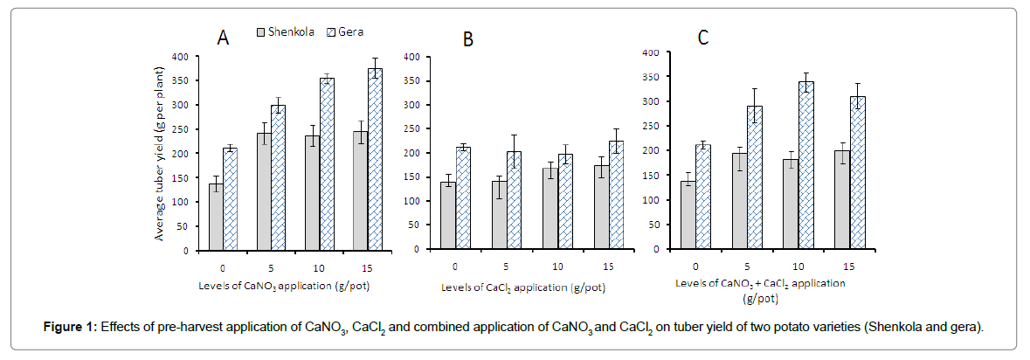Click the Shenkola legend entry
tap(293, 31)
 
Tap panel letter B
tap(468, 40)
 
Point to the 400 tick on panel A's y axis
tap(181, 57)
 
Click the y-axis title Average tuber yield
tap(162, 154)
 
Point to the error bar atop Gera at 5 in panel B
tap(513, 136)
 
